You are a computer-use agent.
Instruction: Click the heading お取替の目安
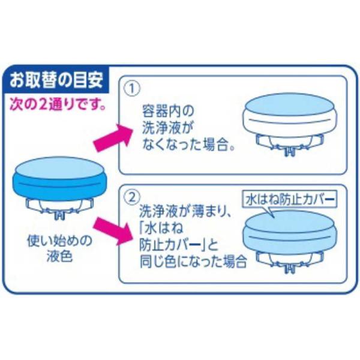click(x=56, y=80)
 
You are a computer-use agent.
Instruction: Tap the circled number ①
click(x=132, y=88)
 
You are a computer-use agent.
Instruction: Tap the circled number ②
click(x=132, y=197)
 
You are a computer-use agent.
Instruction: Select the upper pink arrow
click(x=113, y=138)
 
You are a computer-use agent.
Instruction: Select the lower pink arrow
click(x=113, y=230)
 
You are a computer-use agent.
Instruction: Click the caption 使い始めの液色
click(x=59, y=248)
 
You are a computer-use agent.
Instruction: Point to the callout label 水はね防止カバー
click(x=290, y=200)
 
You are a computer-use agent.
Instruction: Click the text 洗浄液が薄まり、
click(x=185, y=212)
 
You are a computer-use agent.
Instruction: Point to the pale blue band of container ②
click(x=290, y=239)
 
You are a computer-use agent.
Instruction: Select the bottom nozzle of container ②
click(x=290, y=268)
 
